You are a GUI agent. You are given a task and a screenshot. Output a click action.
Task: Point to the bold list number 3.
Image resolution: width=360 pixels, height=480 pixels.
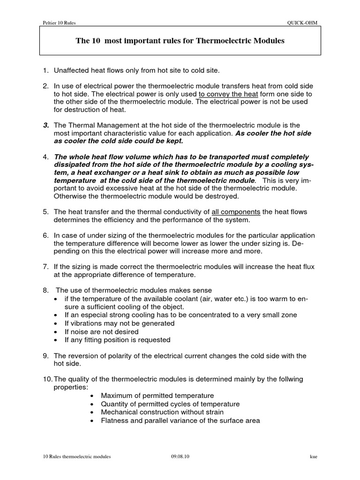coord(46,125)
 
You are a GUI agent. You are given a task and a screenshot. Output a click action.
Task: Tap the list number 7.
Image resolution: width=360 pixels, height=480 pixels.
coord(45,267)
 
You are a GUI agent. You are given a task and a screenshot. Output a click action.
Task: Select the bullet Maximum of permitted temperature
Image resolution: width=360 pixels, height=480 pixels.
coord(157,396)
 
